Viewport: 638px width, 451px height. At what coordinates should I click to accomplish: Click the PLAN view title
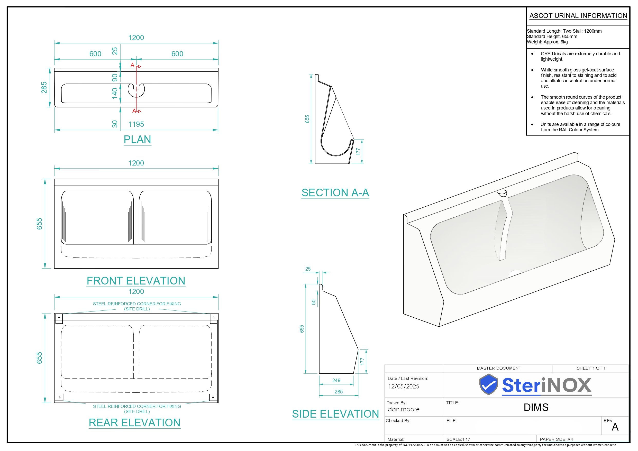tap(137, 140)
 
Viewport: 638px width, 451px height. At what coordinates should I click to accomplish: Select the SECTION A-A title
tap(335, 192)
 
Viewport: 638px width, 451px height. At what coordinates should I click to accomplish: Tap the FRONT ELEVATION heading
tap(136, 281)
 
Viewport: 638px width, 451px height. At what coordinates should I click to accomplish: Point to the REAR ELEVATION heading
tap(134, 423)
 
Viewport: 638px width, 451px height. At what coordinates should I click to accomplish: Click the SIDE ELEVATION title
tap(335, 414)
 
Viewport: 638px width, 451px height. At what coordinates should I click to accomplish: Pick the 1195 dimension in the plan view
tap(136, 124)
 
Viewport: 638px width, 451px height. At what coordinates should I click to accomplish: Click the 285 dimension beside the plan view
tap(44, 88)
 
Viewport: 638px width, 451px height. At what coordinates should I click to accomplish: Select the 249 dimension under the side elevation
tap(336, 380)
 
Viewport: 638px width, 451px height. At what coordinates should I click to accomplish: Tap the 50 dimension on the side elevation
tap(314, 302)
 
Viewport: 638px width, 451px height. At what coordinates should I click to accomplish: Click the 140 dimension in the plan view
tap(115, 93)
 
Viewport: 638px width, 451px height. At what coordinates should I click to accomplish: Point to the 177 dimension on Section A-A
tap(358, 151)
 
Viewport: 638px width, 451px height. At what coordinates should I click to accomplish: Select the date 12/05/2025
tap(404, 386)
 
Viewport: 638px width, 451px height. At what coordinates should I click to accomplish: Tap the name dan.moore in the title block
tap(404, 409)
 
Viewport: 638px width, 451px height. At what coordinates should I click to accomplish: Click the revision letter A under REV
tap(615, 427)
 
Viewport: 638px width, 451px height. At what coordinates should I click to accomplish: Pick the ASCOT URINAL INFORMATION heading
tap(578, 16)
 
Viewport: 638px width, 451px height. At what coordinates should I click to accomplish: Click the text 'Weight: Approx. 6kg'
tap(547, 42)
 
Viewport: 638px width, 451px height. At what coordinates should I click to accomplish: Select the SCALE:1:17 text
tap(458, 439)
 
